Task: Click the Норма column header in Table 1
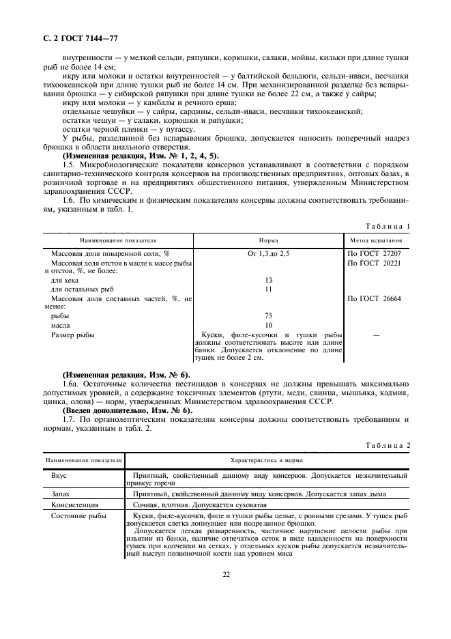[x=268, y=241]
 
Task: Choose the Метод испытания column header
[x=376, y=241]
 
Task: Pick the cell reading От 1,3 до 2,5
[x=268, y=254]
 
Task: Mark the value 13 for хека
[x=268, y=281]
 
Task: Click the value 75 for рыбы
[x=268, y=316]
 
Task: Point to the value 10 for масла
[x=268, y=325]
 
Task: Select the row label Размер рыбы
[x=73, y=335]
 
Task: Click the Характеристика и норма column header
[x=266, y=460]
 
